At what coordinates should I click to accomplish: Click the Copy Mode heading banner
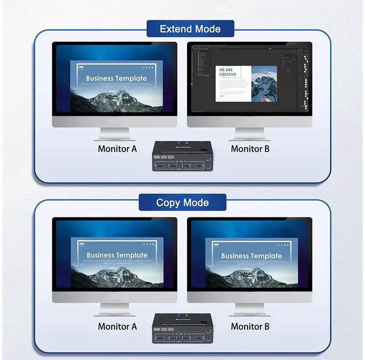point(182,203)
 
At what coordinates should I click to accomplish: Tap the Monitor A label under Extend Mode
point(117,149)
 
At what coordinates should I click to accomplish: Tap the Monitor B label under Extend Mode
point(250,149)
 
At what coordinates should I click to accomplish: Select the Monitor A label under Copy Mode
point(117,326)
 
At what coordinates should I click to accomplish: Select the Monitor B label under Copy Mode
point(250,326)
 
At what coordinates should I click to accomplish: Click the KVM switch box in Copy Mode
point(182,330)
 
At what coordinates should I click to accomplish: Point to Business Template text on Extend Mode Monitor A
point(116,78)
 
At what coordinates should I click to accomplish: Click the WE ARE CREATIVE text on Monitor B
point(226,72)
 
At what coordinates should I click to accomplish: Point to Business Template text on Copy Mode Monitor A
point(116,255)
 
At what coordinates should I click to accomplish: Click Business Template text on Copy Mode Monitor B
point(252,256)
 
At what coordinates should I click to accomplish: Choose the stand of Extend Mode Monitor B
point(250,134)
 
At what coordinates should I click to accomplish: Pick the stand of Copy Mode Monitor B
point(250,309)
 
